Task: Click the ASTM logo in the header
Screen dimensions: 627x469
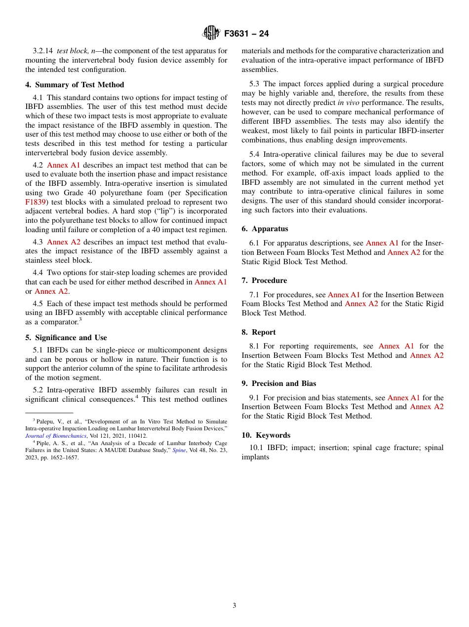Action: coord(211,34)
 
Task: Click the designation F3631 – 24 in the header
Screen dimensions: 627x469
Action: coord(246,34)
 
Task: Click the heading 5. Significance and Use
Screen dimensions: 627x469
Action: coord(66,338)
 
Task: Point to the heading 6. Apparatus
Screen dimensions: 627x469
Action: coord(265,229)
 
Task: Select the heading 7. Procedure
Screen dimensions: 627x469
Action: coord(264,280)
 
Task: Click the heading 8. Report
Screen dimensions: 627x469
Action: coord(259,332)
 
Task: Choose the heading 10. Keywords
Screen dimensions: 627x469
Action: coord(266,435)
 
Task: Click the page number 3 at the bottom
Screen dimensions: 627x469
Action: coord(234,605)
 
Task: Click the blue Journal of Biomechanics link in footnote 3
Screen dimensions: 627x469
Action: coord(56,436)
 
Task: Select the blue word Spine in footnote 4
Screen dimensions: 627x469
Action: coord(179,450)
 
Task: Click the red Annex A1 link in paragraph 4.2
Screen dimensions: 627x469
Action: coord(63,165)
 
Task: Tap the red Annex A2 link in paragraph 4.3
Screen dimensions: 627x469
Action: coord(63,242)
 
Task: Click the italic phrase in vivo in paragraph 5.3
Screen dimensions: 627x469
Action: coord(348,103)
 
